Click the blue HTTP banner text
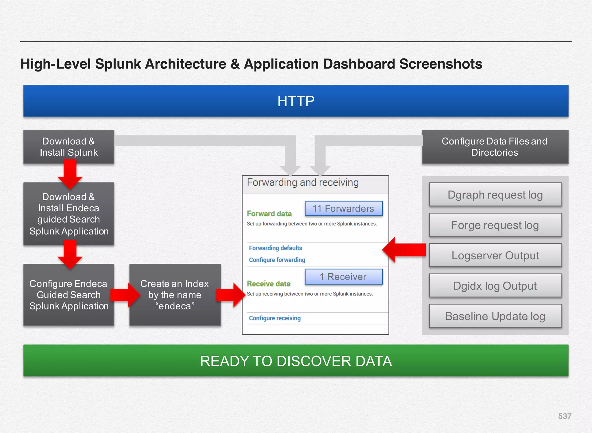click(x=296, y=101)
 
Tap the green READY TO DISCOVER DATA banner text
click(x=296, y=361)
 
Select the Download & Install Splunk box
click(x=69, y=147)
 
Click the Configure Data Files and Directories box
click(x=495, y=147)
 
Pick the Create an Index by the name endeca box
click(x=175, y=295)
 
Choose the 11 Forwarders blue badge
click(x=343, y=208)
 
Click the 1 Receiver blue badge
click(x=343, y=277)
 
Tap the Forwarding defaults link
click(x=275, y=248)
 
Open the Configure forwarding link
click(x=277, y=260)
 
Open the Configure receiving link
click(x=275, y=318)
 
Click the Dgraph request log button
click(x=495, y=195)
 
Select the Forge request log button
click(x=495, y=225)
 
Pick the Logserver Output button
click(x=495, y=256)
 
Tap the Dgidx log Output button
click(x=495, y=286)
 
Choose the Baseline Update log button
click(x=495, y=316)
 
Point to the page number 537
click(x=565, y=416)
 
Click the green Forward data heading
click(x=269, y=214)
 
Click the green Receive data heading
click(x=269, y=284)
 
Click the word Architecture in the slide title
click(x=185, y=64)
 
